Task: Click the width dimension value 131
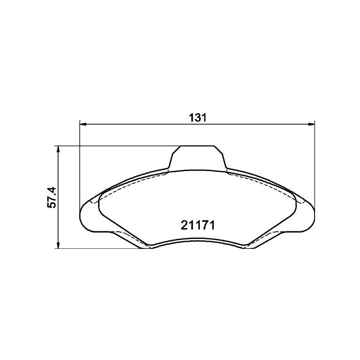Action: coord(197,118)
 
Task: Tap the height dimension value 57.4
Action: coord(52,197)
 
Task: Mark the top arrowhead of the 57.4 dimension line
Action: coord(58,148)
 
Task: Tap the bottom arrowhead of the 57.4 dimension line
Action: coord(58,245)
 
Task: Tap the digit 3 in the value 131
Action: coord(197,118)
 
